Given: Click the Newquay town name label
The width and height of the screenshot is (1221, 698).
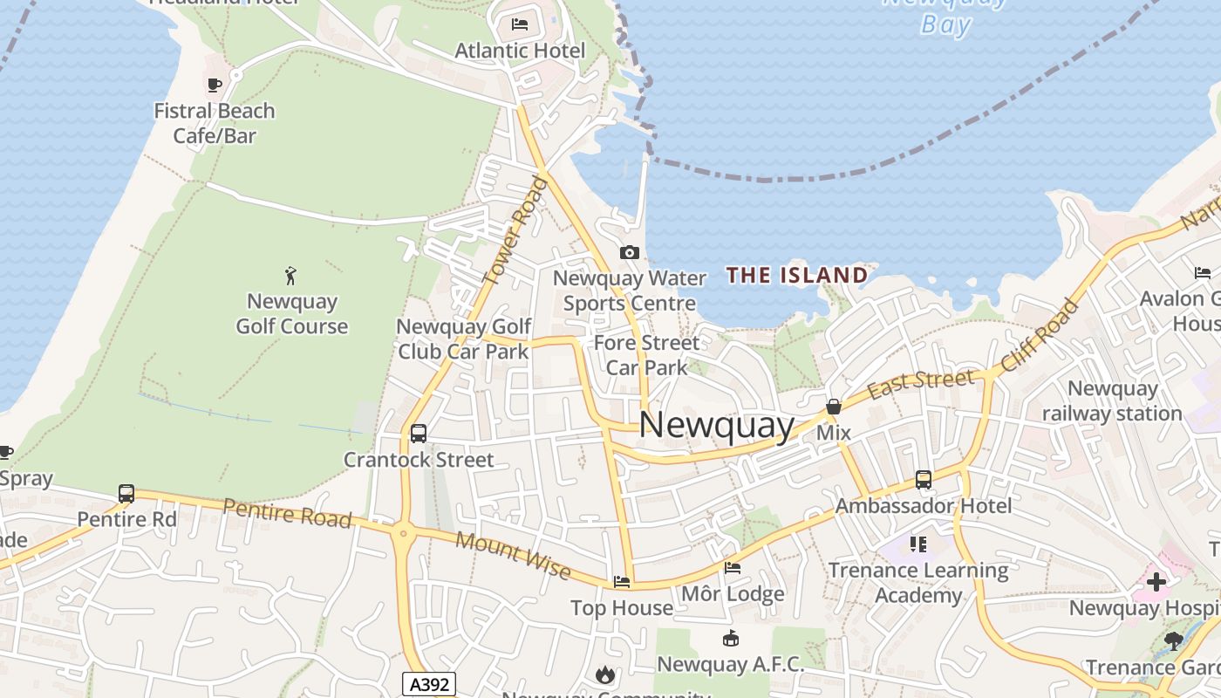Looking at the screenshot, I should (x=717, y=426).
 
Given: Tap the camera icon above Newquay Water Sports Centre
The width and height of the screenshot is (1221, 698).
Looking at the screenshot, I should (x=629, y=253).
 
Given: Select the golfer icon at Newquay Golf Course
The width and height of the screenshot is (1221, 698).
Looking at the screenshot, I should (x=291, y=277).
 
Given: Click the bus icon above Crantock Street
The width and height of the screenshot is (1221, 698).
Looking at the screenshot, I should (x=418, y=433).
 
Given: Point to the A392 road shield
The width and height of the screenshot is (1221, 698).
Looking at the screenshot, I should (x=430, y=684).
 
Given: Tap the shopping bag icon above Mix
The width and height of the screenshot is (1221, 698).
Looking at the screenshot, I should (x=834, y=407).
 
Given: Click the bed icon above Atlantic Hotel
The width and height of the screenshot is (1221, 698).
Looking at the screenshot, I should (x=520, y=24).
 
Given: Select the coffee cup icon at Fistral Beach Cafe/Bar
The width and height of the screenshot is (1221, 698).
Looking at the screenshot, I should (x=214, y=85).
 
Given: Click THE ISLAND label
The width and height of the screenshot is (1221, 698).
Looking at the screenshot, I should (x=797, y=276).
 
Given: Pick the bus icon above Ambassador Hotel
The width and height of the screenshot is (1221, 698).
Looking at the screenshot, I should (x=924, y=479).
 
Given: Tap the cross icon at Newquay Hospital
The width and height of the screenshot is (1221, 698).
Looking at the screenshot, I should (x=1156, y=582).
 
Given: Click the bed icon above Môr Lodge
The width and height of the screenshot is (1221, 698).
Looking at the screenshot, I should (x=733, y=568).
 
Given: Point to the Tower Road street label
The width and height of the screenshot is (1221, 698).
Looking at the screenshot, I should (x=515, y=230).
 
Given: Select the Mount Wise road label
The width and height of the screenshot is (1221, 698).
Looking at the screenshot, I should (x=514, y=556).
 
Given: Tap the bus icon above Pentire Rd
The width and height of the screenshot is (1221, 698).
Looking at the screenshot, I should (x=126, y=494).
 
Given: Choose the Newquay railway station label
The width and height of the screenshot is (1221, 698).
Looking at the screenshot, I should (x=1112, y=400).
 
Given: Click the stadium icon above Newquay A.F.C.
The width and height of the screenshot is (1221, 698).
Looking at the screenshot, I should (x=731, y=639).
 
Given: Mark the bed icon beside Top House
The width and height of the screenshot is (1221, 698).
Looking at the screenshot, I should (x=622, y=581).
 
